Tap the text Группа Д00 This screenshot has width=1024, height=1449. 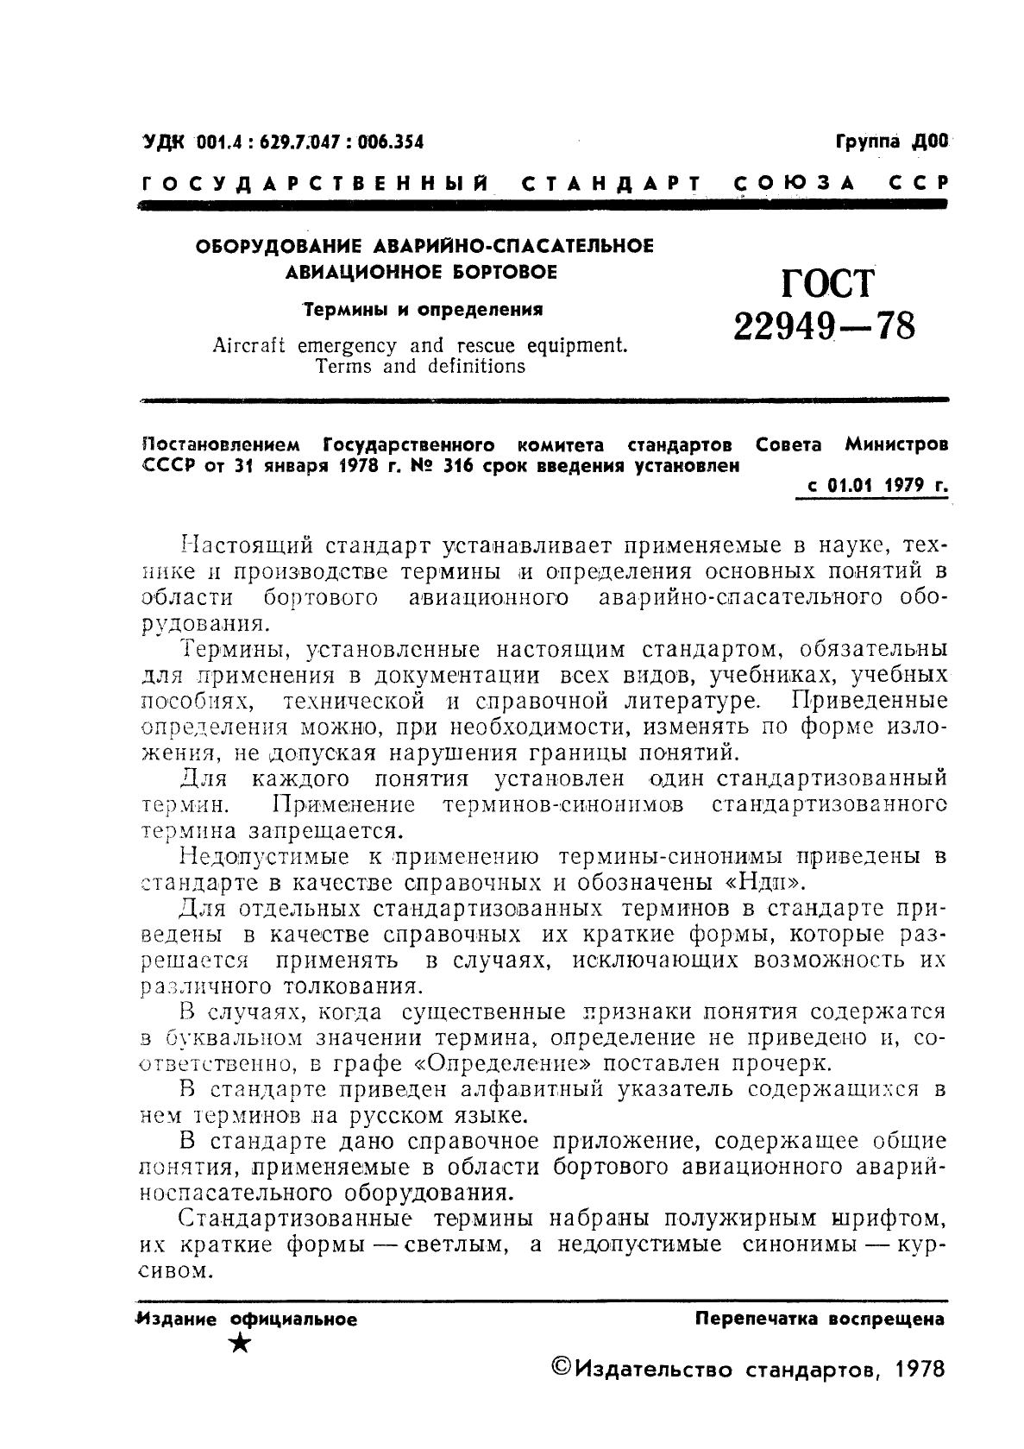[891, 142]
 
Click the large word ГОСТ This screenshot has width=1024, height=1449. [828, 283]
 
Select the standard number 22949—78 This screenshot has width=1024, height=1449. [824, 327]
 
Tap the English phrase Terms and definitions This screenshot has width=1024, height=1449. [420, 367]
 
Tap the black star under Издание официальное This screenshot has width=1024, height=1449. [242, 1342]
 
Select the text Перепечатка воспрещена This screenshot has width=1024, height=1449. [820, 1319]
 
